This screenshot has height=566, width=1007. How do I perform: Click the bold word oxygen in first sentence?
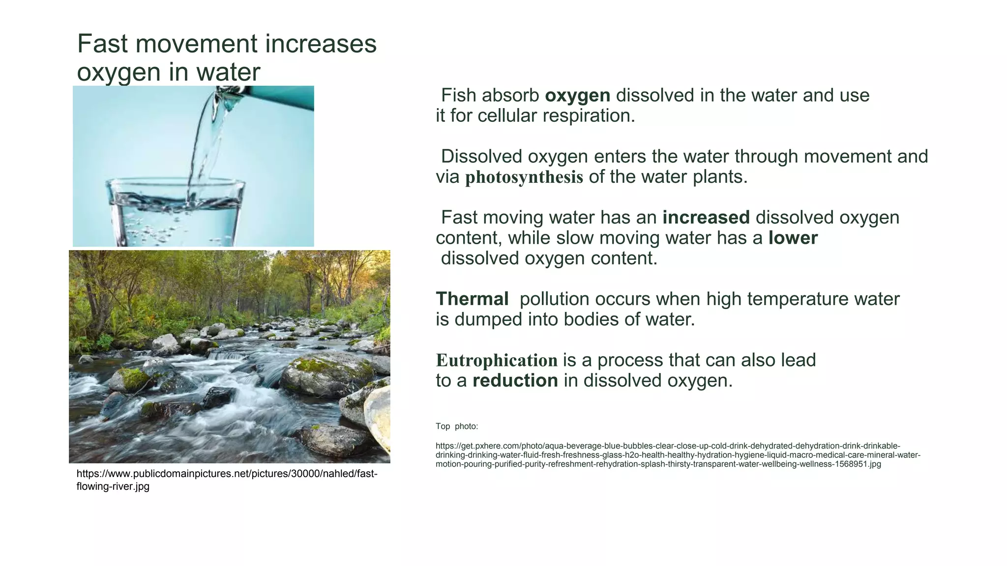(x=577, y=96)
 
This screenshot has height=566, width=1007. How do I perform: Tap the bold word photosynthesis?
(x=524, y=177)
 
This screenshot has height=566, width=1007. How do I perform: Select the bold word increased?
(x=706, y=218)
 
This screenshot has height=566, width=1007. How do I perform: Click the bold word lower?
(x=793, y=238)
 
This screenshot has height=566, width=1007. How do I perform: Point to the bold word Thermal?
(x=472, y=299)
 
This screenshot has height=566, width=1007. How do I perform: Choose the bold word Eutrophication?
(x=497, y=361)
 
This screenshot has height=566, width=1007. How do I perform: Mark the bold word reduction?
(x=515, y=381)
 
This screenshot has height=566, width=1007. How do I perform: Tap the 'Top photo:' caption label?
(x=456, y=426)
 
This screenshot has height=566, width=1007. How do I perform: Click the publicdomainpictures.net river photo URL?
(x=226, y=480)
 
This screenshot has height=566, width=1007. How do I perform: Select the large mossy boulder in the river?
(x=327, y=373)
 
